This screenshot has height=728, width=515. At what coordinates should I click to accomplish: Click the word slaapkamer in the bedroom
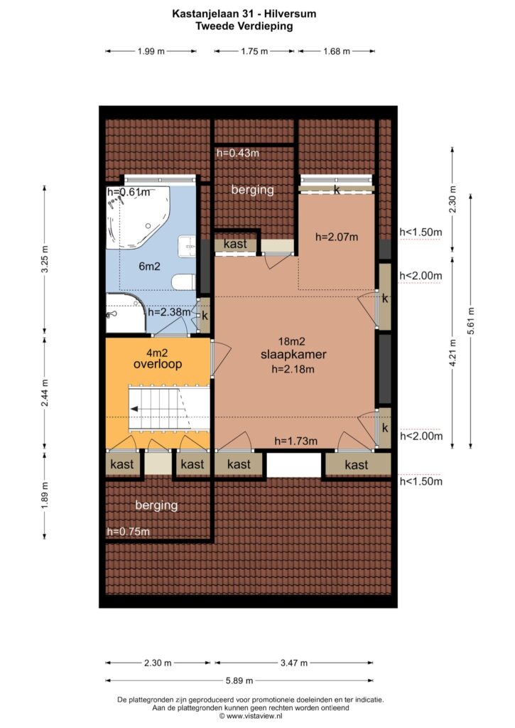[293, 355]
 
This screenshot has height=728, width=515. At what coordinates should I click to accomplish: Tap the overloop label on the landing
[158, 364]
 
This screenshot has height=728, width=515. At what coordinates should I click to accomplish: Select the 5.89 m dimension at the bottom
[239, 680]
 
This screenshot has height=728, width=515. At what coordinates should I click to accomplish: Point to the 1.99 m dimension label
[151, 51]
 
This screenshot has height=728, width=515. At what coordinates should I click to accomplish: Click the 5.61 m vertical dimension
[472, 321]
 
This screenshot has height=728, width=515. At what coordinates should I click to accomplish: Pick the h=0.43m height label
[238, 152]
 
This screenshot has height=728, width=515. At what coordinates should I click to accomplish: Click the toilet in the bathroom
[183, 282]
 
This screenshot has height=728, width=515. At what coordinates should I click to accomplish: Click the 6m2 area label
[149, 266]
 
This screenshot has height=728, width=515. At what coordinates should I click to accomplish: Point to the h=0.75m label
[128, 532]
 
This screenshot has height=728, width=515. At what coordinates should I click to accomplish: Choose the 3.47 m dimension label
[294, 663]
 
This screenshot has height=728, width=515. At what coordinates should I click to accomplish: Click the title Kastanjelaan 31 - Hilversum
[244, 14]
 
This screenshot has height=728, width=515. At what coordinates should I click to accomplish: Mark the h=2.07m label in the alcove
[337, 237]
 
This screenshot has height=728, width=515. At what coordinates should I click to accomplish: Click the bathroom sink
[188, 245]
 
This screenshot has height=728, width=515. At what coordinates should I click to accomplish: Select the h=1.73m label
[296, 441]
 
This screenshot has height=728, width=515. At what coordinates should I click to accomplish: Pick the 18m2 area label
[292, 341]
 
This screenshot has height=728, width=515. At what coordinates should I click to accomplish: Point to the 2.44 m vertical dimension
[45, 392]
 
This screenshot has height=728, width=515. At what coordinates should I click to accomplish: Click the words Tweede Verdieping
[244, 26]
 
